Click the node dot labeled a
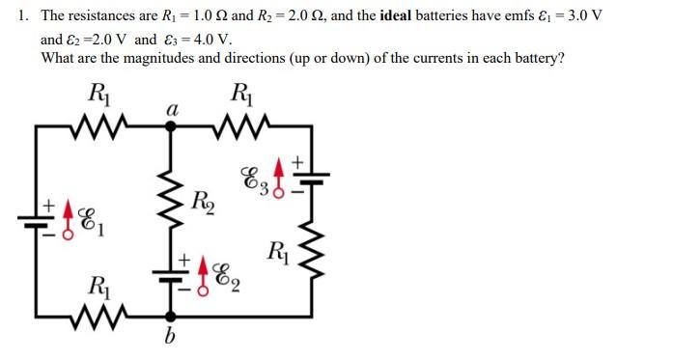[x=172, y=125]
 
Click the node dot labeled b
[x=172, y=317]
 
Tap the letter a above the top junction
[x=172, y=110]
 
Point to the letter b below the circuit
[x=172, y=339]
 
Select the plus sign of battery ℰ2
[x=182, y=261]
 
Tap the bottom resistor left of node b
[x=99, y=317]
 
